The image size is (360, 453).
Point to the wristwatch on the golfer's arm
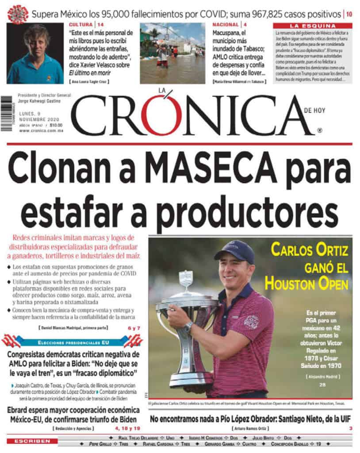tap(189, 326)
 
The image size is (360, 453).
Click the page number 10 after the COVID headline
tap(349, 14)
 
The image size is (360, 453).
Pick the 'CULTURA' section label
tap(81, 24)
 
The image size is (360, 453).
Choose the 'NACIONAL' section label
tap(226, 24)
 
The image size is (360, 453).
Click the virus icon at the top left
tap(18, 14)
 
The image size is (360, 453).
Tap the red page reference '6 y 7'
tap(133, 328)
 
